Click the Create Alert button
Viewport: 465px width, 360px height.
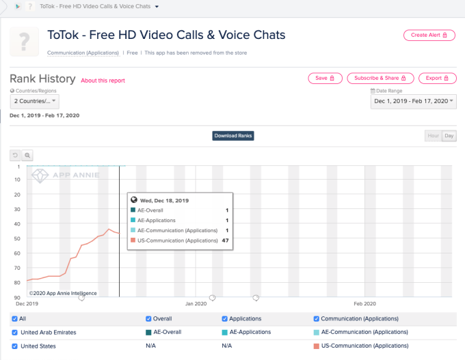pos(429,35)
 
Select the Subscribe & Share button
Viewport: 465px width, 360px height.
pos(380,79)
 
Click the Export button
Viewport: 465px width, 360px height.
pos(437,79)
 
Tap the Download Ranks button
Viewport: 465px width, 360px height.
pos(233,136)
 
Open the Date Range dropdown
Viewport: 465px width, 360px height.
pos(413,101)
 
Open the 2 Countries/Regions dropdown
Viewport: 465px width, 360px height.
pos(35,101)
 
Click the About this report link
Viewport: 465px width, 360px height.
pos(103,81)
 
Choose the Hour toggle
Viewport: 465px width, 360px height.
pos(433,136)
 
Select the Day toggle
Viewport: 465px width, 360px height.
pos(449,136)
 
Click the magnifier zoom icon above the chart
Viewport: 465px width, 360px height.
pos(27,155)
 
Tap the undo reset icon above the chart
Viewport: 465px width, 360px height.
pos(15,155)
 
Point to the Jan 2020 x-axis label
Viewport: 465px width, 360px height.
pos(196,303)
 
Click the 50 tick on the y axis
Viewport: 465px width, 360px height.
pos(17,238)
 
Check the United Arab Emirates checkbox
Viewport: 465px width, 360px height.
pos(15,333)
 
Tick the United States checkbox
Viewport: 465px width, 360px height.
pos(15,346)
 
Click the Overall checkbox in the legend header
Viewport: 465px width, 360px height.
pos(149,318)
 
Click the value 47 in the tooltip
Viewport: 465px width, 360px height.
pos(225,240)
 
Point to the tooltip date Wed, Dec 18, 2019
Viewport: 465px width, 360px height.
pos(164,201)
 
